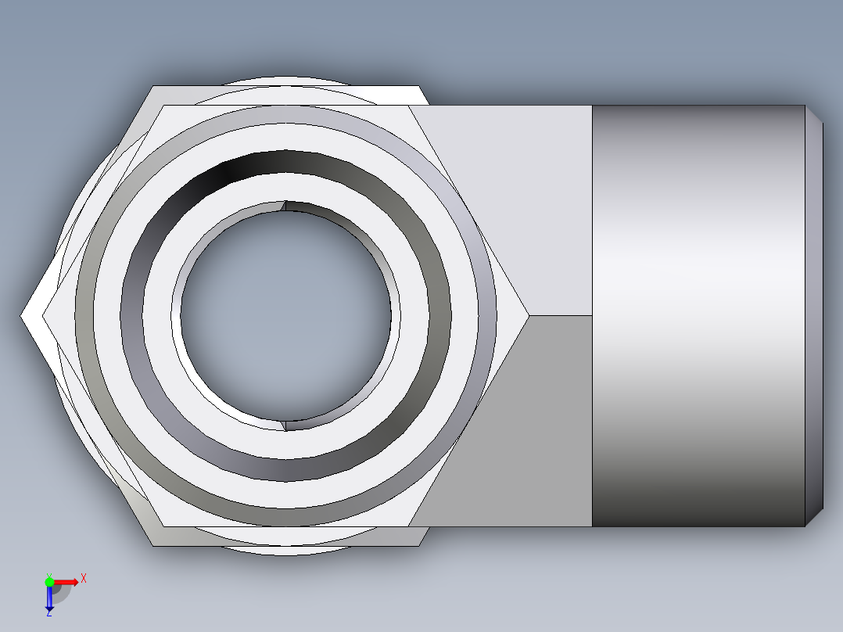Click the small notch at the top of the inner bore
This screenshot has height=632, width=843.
tap(285, 206)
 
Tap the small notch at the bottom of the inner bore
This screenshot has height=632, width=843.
tap(285, 425)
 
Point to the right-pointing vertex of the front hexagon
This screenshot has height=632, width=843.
tap(529, 315)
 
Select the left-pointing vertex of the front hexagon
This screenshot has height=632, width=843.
tap(42, 315)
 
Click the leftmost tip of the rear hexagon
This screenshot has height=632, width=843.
tap(21, 315)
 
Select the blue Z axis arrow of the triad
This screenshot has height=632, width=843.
tap(49, 598)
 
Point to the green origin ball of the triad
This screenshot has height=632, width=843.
tap(49, 581)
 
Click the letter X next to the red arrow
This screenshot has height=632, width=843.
tap(84, 579)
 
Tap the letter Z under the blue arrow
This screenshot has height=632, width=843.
tap(49, 613)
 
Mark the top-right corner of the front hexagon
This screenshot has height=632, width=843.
tap(408, 106)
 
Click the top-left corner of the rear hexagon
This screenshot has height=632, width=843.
tap(153, 86)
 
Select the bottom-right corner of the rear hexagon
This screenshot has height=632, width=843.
tap(420, 545)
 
